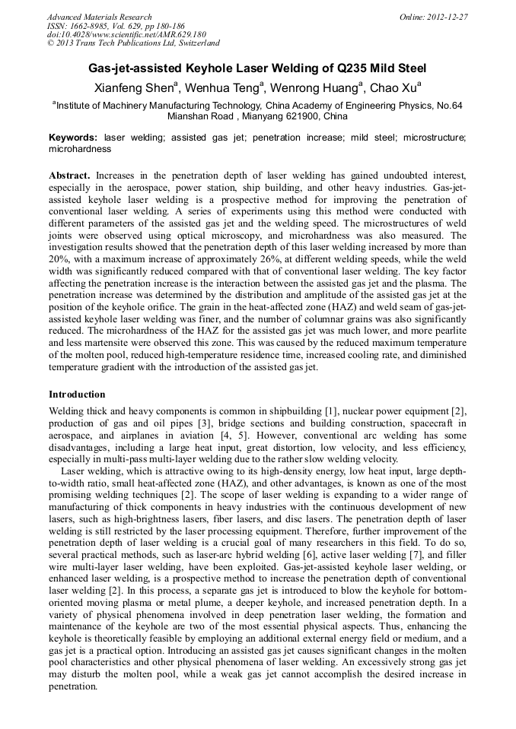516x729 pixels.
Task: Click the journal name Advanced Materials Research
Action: [x=99, y=17]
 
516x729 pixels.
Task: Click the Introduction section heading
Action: [x=77, y=395]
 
